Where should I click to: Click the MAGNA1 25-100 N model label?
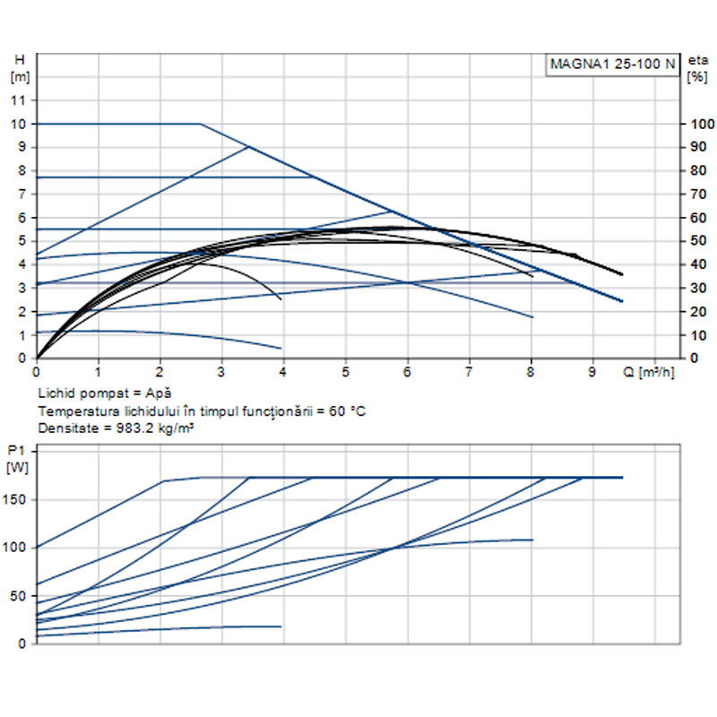[612, 65]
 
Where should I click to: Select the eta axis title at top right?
[697, 60]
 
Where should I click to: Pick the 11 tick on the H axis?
[18, 99]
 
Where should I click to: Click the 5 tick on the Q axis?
[345, 370]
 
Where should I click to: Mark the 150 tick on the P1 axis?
[18, 498]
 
